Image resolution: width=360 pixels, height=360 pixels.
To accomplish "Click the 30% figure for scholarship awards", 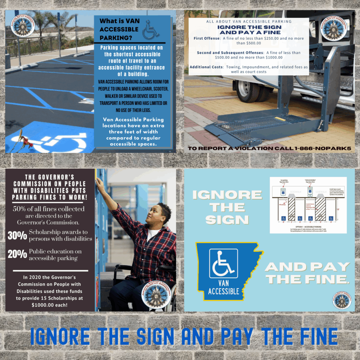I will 17,235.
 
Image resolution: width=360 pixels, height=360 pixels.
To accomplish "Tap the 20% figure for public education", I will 17,254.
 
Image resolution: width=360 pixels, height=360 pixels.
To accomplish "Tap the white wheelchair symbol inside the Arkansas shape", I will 224,263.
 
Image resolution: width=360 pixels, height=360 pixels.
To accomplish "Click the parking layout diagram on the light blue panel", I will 308,205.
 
